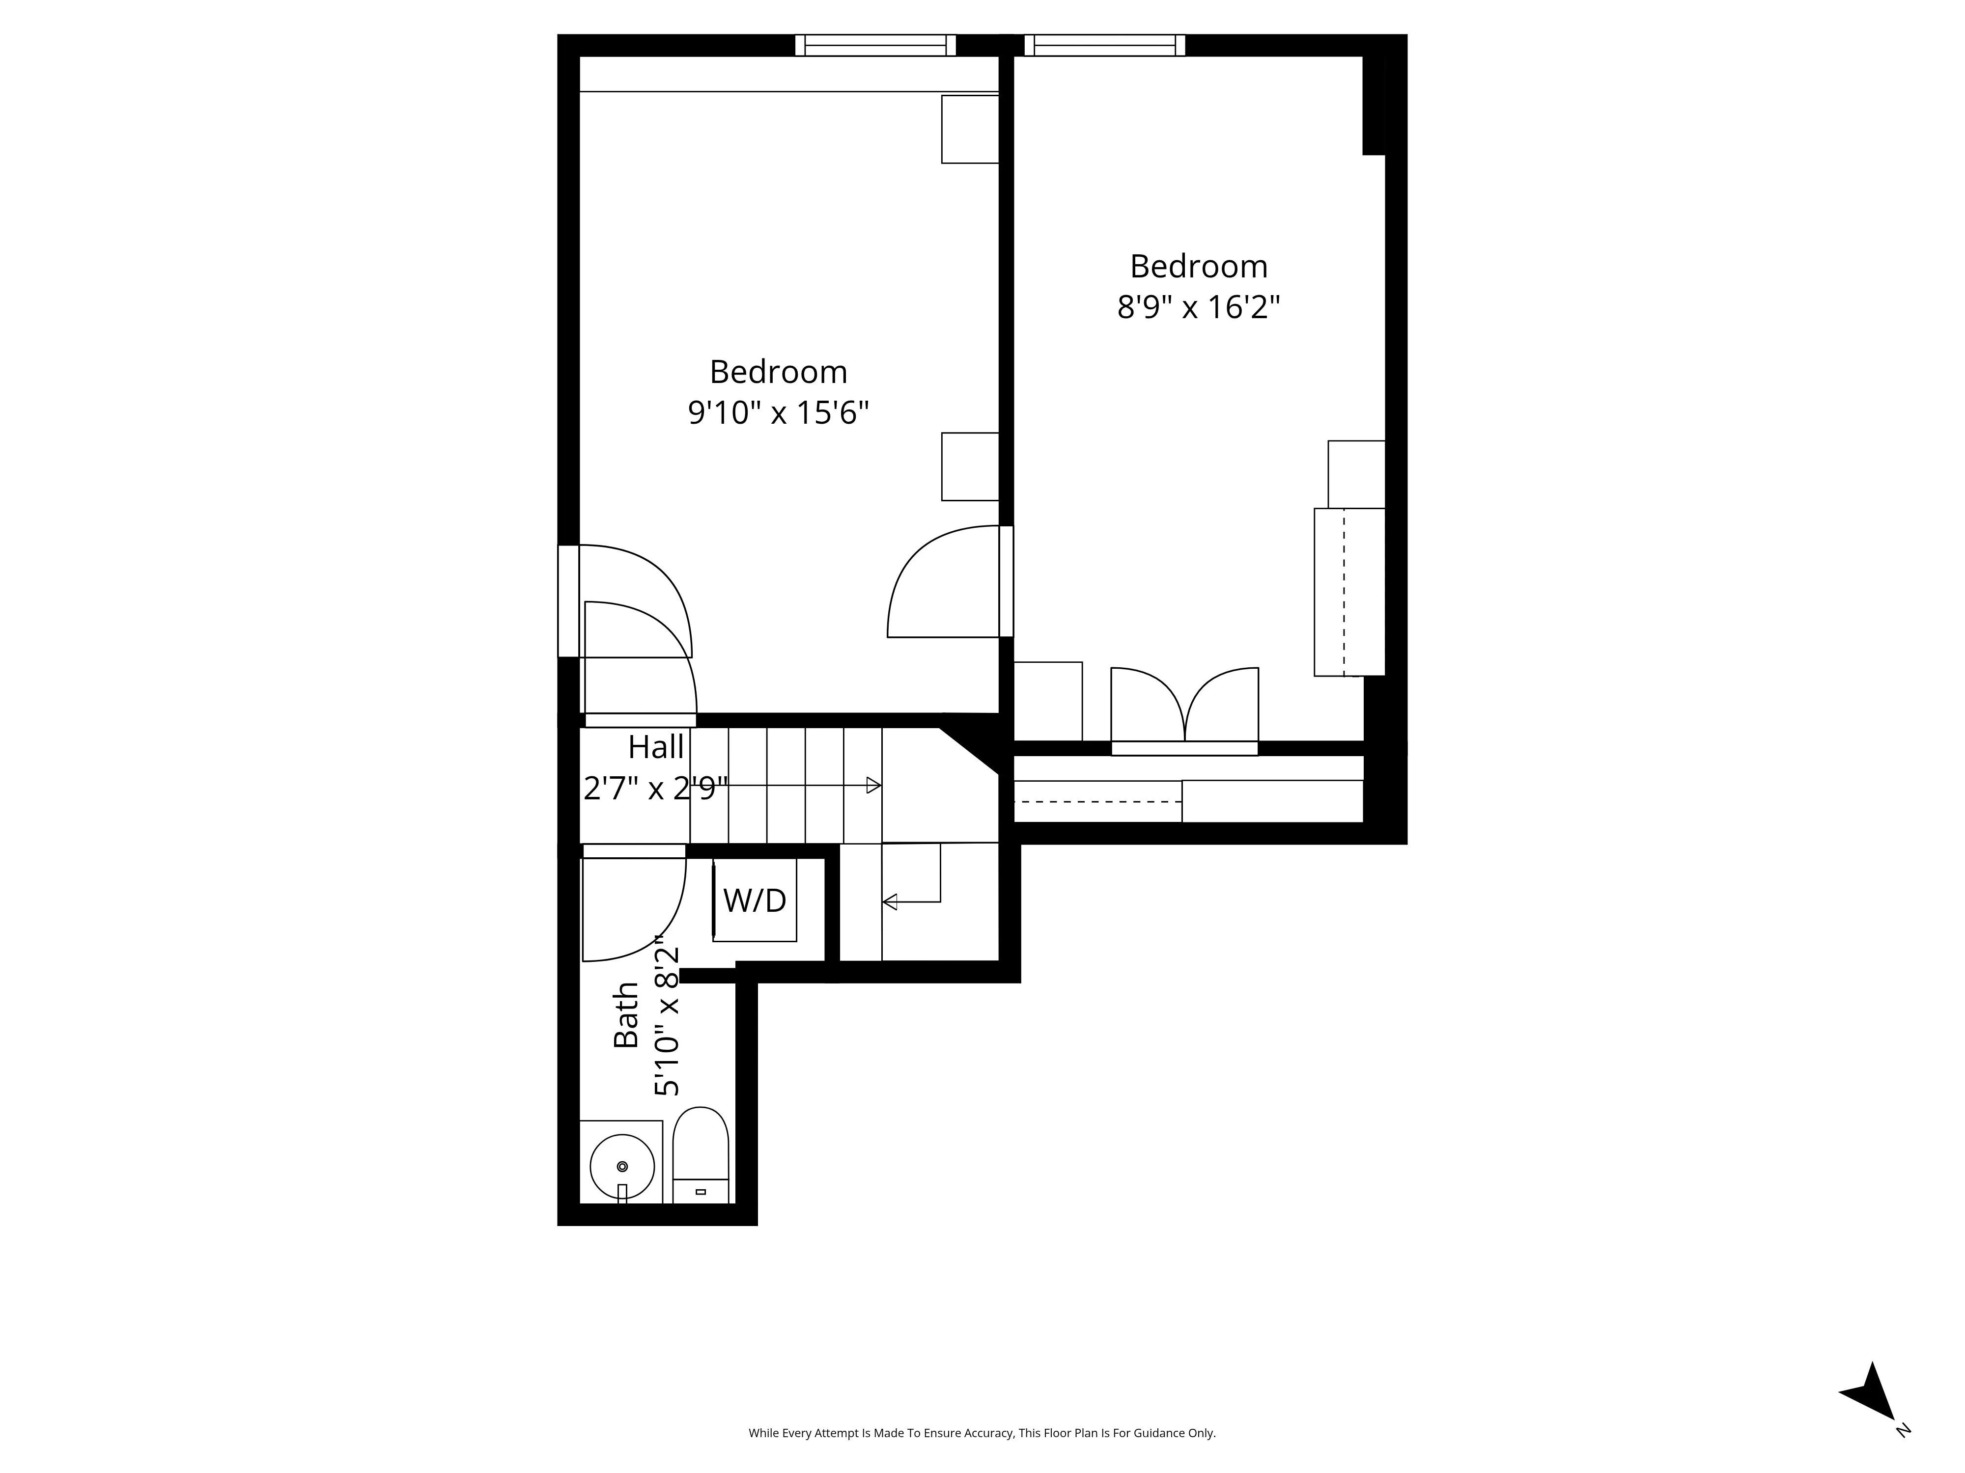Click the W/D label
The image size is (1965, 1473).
point(754,900)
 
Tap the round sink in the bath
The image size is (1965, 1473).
point(622,1166)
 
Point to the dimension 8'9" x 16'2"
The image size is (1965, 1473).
point(1198,308)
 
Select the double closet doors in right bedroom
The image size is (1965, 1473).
point(1184,706)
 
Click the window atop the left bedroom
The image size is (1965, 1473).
point(875,45)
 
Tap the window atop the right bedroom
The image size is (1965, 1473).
point(1104,45)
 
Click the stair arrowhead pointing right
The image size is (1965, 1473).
point(873,785)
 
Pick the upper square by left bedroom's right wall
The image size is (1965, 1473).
point(970,130)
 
